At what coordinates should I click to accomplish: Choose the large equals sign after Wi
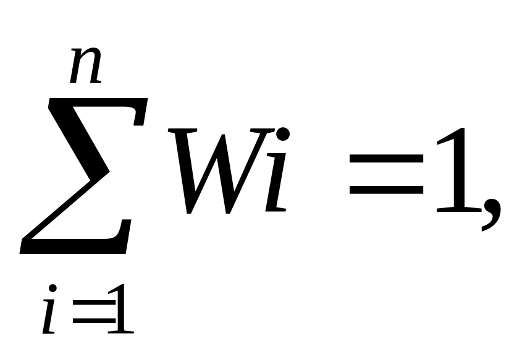coord(386,174)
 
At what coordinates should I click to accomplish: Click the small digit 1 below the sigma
coord(120,309)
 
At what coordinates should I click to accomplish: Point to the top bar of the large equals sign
coord(386,159)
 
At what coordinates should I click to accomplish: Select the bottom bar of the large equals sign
coord(386,189)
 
